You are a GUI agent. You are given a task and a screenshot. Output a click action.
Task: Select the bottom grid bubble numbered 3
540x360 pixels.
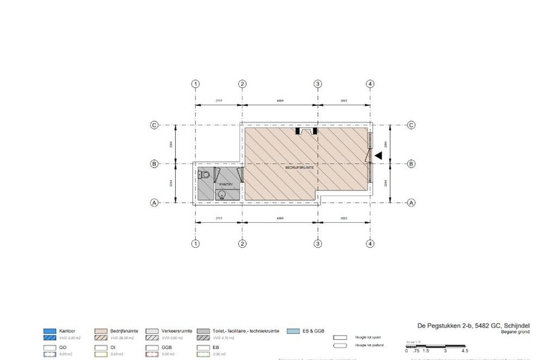318,244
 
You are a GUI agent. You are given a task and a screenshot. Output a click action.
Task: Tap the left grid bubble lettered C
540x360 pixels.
155,125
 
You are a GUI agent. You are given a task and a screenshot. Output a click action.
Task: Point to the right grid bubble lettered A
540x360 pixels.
411,203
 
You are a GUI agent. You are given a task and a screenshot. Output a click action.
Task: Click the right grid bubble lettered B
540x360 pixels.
411,164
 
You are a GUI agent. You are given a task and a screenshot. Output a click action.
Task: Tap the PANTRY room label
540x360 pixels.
226,185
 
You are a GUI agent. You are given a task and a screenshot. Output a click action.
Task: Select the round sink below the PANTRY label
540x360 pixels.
222,195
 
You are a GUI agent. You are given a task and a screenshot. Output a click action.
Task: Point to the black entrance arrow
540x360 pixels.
377,156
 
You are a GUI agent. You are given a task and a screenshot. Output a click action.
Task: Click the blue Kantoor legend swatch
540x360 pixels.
50,331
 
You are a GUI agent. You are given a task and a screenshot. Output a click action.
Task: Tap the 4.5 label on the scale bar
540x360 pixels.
465,351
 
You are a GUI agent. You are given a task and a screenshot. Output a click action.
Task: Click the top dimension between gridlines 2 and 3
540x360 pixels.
280,101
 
